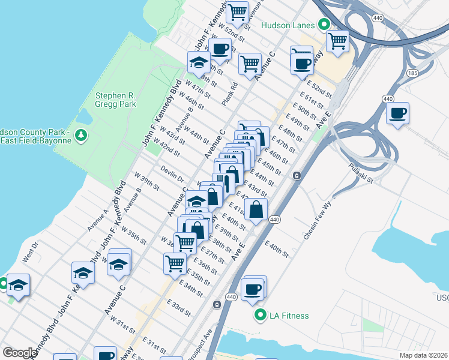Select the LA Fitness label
[x=289, y=316]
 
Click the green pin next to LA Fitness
[x=261, y=315]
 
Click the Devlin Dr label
[x=172, y=175]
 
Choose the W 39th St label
[x=147, y=183]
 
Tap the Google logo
[x=19, y=353]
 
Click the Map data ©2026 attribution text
[x=423, y=355]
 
